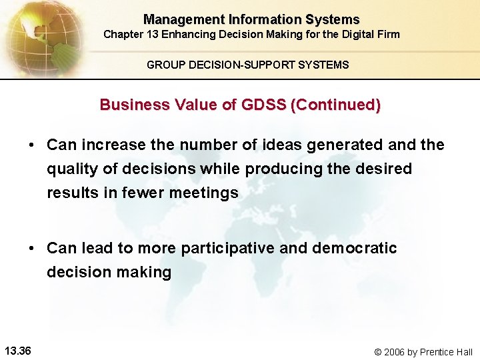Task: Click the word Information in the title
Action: click(x=258, y=20)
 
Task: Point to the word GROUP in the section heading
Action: click(x=163, y=65)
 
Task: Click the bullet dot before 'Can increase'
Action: click(x=32, y=145)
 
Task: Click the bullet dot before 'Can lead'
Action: click(x=32, y=249)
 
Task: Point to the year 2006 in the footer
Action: click(x=397, y=351)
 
